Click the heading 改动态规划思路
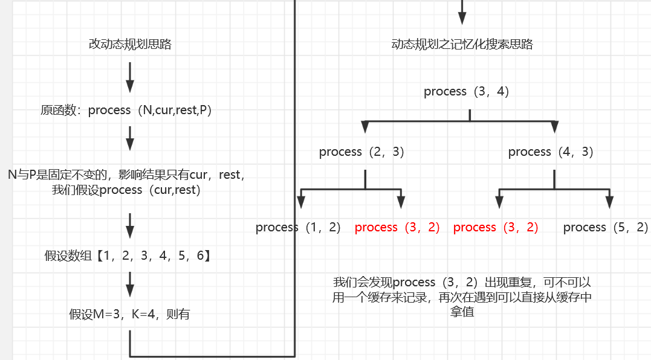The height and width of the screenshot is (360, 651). [x=130, y=44]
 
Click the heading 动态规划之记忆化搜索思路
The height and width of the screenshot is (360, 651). [x=462, y=44]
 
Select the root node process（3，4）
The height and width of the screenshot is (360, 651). [x=467, y=92]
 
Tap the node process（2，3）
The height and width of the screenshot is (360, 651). [x=361, y=152]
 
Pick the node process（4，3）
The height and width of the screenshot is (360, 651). [x=551, y=152]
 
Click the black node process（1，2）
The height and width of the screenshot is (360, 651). [x=298, y=228]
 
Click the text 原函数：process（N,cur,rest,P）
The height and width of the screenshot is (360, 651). [x=126, y=111]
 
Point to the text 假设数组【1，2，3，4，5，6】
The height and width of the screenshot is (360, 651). [x=128, y=256]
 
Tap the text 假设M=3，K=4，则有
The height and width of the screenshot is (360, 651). [x=129, y=314]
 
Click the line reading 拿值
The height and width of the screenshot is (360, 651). [x=462, y=312]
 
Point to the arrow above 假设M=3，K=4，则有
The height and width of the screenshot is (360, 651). [x=130, y=284]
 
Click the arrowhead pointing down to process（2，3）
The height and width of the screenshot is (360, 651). [x=364, y=127]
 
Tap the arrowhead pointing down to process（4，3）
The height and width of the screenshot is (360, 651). [x=554, y=127]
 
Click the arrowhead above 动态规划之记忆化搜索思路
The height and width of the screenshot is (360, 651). [x=462, y=16]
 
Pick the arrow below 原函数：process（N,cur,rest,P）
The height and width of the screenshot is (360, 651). [x=130, y=139]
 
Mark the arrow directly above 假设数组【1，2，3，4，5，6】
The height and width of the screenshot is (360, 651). [x=130, y=227]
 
